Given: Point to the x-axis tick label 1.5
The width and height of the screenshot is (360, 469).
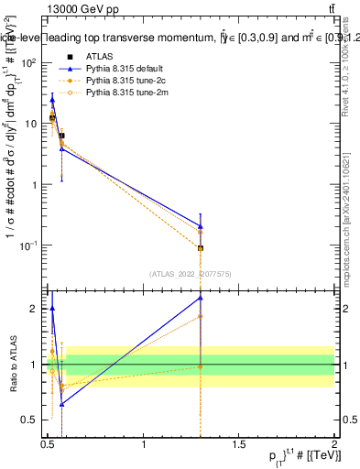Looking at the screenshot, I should (x=239, y=445).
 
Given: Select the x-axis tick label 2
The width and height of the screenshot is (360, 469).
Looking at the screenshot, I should (x=334, y=445).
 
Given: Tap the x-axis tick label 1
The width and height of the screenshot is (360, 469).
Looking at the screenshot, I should (x=144, y=445).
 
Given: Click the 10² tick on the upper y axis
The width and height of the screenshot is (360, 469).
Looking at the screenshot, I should (x=28, y=63).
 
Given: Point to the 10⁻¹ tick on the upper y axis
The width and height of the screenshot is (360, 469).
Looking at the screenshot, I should (x=28, y=245).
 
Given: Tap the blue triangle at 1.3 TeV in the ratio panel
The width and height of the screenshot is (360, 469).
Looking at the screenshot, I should (x=201, y=298).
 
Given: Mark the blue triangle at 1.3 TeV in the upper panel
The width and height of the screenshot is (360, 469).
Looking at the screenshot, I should (x=201, y=225).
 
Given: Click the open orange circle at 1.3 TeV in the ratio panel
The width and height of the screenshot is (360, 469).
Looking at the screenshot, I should (x=201, y=316).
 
